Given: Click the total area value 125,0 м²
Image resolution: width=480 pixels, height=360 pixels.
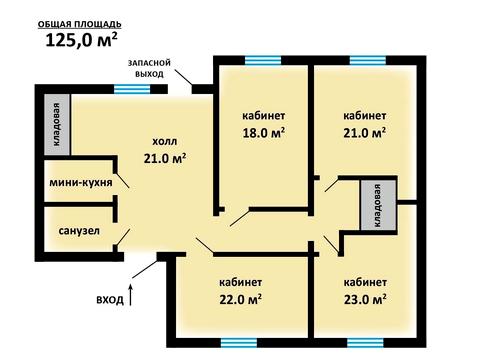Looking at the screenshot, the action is [x=81, y=40].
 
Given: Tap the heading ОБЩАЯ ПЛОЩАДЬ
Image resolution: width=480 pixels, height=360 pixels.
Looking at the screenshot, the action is [x=80, y=24].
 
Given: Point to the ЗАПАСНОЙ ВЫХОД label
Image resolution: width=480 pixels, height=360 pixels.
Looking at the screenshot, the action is [x=149, y=68].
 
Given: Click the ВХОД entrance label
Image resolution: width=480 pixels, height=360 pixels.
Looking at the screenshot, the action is [x=110, y=300].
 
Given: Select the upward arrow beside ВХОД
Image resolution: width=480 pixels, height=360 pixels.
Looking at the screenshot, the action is [x=131, y=294].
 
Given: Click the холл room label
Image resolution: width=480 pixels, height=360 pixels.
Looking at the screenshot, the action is [x=165, y=142].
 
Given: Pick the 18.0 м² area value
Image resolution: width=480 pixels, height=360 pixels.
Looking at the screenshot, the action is [x=264, y=133].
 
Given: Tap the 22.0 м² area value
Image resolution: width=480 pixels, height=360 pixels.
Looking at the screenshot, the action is [x=240, y=299].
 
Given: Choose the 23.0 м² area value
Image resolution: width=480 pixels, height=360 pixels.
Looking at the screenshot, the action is [x=365, y=299].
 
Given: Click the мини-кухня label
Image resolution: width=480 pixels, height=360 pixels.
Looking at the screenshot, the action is [x=81, y=183].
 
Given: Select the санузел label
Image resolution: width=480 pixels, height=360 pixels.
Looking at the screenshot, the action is [x=79, y=231].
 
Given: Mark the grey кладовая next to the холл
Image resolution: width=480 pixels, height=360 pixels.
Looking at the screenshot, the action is [x=57, y=124].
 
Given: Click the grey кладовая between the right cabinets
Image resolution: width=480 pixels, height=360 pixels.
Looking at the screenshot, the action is [x=378, y=205].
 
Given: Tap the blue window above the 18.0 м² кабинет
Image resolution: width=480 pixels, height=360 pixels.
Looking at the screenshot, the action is [x=263, y=61].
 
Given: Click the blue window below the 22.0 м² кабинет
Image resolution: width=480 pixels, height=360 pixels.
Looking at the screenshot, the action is [x=239, y=343].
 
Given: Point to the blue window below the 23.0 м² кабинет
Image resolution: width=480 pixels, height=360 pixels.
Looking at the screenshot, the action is [x=365, y=343].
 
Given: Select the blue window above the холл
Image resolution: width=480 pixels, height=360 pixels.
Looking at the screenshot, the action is [x=132, y=89].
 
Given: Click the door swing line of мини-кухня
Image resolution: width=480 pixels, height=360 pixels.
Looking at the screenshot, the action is [x=122, y=180].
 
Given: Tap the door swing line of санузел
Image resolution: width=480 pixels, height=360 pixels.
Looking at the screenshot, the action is [x=123, y=237].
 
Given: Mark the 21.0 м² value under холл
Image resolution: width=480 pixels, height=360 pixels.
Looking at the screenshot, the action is [x=165, y=158].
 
